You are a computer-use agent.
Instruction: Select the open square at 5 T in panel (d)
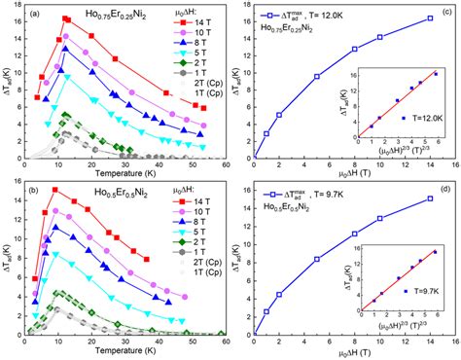(x=317, y=259)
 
